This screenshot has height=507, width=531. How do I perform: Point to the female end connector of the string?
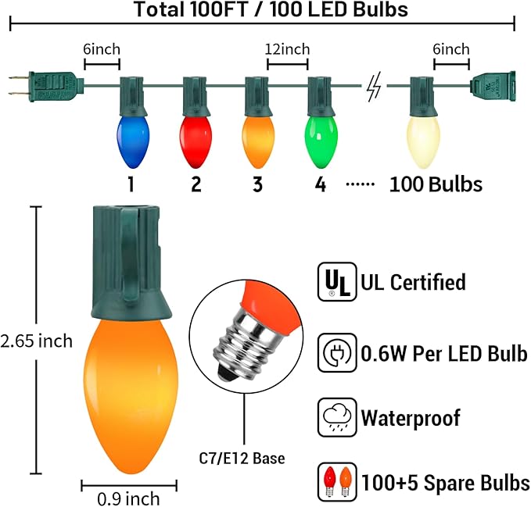click(x=492, y=84)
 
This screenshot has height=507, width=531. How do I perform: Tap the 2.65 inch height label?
click(x=37, y=341)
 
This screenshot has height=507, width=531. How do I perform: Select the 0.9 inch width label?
click(x=130, y=498)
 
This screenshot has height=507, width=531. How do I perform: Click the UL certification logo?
click(x=332, y=282)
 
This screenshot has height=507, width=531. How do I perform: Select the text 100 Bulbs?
click(x=436, y=184)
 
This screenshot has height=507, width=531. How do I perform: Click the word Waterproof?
click(x=410, y=416)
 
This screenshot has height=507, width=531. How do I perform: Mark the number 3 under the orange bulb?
click(x=258, y=184)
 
